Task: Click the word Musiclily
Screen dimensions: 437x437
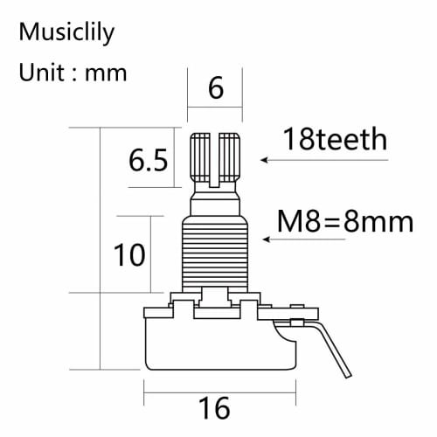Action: tap(66, 34)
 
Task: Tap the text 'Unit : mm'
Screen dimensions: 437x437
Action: tap(73, 73)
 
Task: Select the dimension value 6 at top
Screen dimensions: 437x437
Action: tap(216, 89)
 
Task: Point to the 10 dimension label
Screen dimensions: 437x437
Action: tap(129, 255)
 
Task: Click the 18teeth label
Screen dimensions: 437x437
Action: tap(335, 139)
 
